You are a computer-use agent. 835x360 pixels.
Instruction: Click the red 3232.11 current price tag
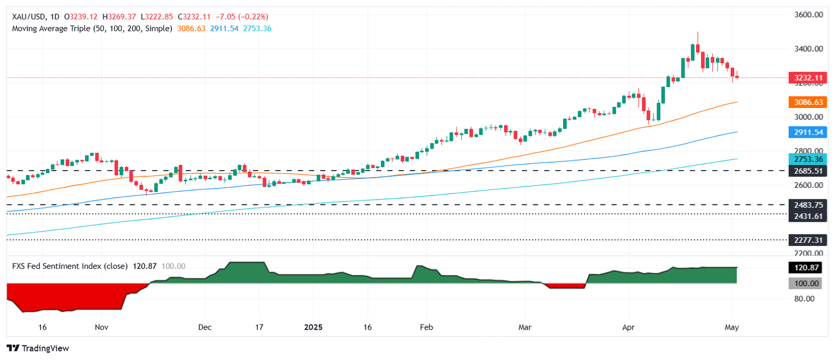click(x=808, y=78)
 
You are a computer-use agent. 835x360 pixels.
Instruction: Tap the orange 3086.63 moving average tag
click(x=808, y=102)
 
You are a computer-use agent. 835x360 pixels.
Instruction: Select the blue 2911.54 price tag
click(x=808, y=132)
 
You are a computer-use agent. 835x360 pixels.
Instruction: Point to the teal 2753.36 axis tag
click(x=808, y=160)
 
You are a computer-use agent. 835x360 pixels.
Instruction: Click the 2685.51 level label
click(x=808, y=171)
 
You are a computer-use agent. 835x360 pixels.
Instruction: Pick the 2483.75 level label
click(x=808, y=205)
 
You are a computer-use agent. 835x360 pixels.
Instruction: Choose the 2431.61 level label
click(x=808, y=216)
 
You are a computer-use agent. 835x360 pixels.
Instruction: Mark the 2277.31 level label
click(x=808, y=240)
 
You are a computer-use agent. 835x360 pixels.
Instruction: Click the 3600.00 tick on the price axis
click(x=808, y=15)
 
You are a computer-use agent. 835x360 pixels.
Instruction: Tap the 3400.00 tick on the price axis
click(x=808, y=49)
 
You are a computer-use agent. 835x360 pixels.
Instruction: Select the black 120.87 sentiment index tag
click(x=806, y=268)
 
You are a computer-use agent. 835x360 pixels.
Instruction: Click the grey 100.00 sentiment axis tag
click(x=806, y=283)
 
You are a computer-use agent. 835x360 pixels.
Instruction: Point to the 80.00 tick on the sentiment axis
click(x=804, y=299)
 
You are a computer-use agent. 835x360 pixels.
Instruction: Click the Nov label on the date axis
click(x=102, y=327)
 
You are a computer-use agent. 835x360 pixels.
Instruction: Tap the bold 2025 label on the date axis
click(x=313, y=327)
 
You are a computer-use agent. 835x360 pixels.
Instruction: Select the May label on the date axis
click(x=732, y=327)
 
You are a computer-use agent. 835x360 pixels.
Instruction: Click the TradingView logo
click(x=38, y=348)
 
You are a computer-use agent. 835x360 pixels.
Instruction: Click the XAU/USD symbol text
click(x=29, y=17)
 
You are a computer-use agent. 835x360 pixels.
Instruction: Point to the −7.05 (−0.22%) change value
click(x=242, y=17)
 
